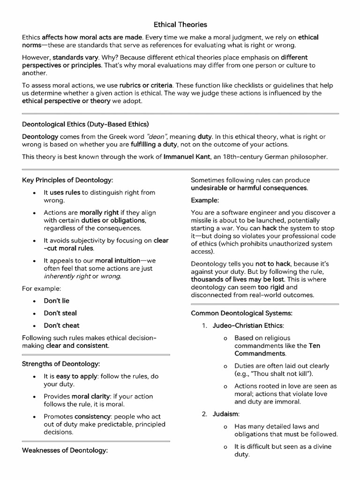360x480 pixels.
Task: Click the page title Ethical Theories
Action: tap(180, 24)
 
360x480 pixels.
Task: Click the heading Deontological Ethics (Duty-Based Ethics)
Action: tap(86, 124)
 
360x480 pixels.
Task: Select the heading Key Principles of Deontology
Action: tap(68, 180)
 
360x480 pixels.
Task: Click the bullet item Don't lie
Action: tap(57, 300)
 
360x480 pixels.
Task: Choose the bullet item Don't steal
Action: tap(60, 313)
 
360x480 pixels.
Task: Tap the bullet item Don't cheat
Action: tap(62, 325)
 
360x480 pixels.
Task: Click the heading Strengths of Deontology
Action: tap(61, 364)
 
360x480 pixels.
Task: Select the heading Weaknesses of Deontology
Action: tap(65, 450)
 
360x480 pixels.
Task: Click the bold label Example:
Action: tap(205, 200)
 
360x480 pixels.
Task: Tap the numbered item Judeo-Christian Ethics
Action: tap(248, 325)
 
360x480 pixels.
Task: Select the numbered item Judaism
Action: tap(226, 414)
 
